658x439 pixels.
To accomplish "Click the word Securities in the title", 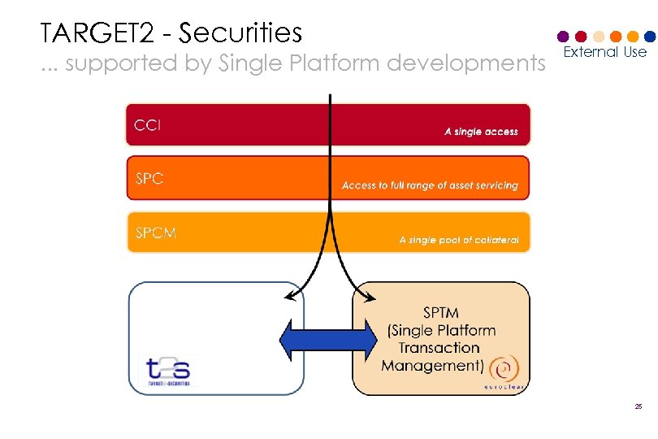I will click(x=240, y=33).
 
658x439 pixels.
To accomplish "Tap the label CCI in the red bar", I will click(x=149, y=125).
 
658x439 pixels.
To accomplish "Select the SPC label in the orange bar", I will click(x=149, y=179).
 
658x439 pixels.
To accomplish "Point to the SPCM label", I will click(x=155, y=233).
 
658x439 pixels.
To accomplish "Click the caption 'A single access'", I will click(x=481, y=132).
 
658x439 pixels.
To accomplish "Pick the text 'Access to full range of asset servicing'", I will click(x=430, y=185).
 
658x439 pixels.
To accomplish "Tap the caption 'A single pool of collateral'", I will click(x=458, y=240).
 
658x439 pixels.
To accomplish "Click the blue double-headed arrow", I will click(x=328, y=337).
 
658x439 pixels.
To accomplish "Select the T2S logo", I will click(x=168, y=370).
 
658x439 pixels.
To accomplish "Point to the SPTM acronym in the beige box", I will click(x=441, y=312).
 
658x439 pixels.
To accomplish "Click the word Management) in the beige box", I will click(x=432, y=365).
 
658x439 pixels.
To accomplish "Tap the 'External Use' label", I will click(x=605, y=52).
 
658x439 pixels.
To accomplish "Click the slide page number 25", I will click(x=639, y=406).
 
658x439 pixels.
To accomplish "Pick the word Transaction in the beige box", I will click(x=439, y=348).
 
